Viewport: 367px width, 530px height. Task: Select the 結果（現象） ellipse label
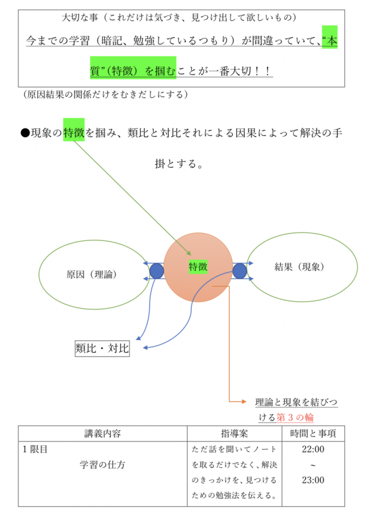[x=299, y=267]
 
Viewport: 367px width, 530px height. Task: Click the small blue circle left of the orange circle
[x=156, y=271]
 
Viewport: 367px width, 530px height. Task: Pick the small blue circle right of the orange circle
[x=239, y=271]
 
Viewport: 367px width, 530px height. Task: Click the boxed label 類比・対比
[x=102, y=349]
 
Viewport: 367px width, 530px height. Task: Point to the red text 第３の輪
[x=296, y=417]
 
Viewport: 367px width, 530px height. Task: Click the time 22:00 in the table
[x=313, y=449]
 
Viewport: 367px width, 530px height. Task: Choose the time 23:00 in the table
[x=313, y=480]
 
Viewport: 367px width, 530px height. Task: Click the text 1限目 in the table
[x=35, y=449]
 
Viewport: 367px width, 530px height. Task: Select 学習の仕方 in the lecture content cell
[x=102, y=465]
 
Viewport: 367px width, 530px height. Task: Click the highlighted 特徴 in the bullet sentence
[x=74, y=133]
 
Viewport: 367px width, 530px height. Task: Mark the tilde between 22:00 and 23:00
[x=313, y=465]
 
